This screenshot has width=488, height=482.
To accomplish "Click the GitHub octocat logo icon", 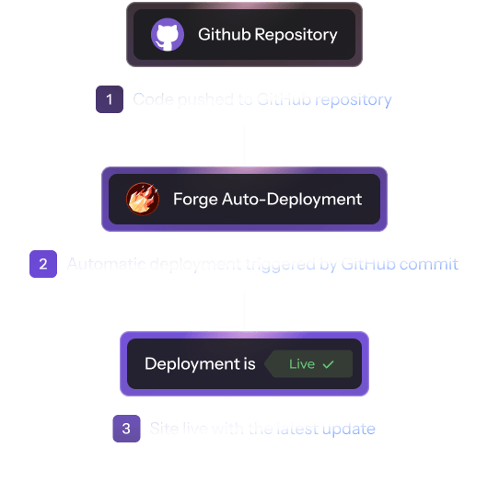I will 168,36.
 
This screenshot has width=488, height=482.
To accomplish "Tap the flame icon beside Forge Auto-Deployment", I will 143,199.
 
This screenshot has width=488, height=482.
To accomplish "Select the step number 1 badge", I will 109,99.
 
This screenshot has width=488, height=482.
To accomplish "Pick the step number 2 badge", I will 42,264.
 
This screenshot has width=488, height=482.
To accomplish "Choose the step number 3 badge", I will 126,429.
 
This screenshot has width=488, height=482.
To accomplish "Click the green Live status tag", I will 308,364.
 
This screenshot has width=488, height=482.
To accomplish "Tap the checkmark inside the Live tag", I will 328,364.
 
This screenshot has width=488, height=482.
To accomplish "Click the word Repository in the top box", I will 292,36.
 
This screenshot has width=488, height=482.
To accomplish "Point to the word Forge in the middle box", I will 195,199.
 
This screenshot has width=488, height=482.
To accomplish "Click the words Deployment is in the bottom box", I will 200,364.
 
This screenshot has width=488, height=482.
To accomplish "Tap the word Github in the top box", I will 222,36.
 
